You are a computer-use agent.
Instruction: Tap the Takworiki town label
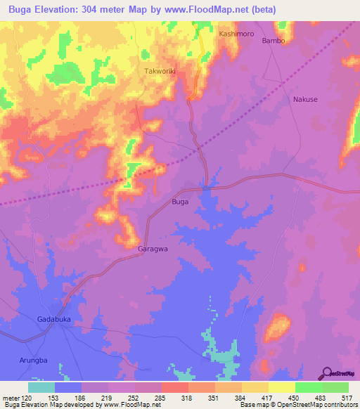pos(160,72)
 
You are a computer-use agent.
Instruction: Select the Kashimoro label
pos(236,33)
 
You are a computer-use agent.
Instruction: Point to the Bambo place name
pos(274,41)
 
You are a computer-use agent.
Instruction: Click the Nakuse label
pos(305,99)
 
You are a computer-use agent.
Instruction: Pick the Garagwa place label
pos(152,248)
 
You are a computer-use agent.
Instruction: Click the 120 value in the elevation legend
pos(27,397)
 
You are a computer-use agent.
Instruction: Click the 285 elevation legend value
pos(161,397)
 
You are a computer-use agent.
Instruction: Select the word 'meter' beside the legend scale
pos(11,397)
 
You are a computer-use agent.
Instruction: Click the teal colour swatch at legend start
pos(41,387)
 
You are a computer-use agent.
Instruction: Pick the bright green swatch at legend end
pos(335,387)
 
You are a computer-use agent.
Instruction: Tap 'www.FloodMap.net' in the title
pos(211,9)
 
